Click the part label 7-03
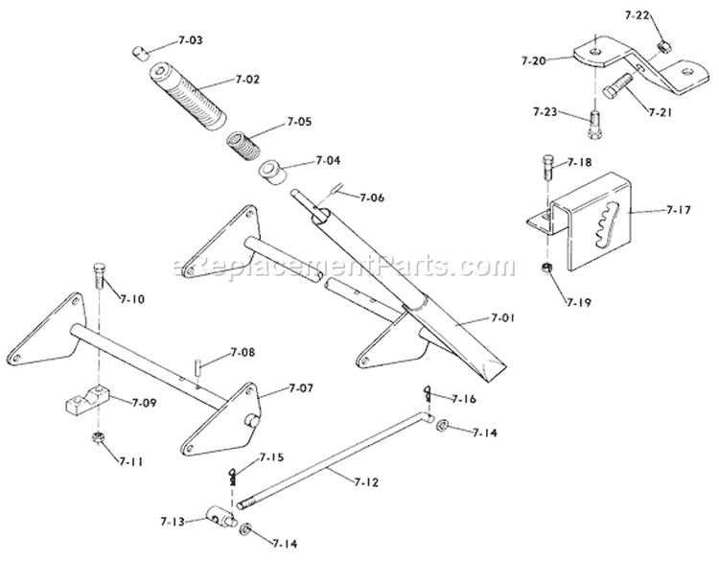(x=190, y=40)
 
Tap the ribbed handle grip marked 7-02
(x=188, y=97)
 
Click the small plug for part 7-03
(x=140, y=53)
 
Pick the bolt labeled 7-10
(x=100, y=275)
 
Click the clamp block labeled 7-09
(x=85, y=399)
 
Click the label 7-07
(x=301, y=388)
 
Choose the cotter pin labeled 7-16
(x=428, y=394)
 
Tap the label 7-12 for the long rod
(x=366, y=482)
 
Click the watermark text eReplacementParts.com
(x=344, y=265)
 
